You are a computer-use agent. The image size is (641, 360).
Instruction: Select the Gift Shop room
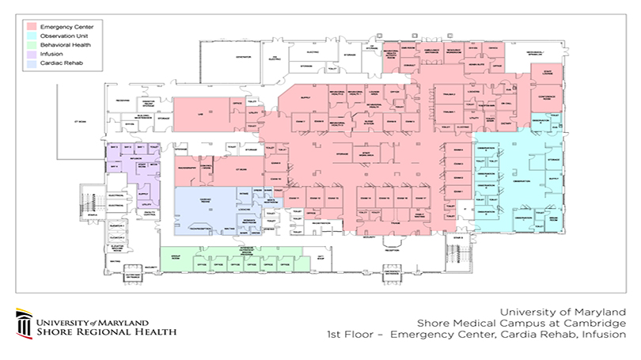coord(320,259)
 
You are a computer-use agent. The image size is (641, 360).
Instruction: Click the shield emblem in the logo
coord(23,324)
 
